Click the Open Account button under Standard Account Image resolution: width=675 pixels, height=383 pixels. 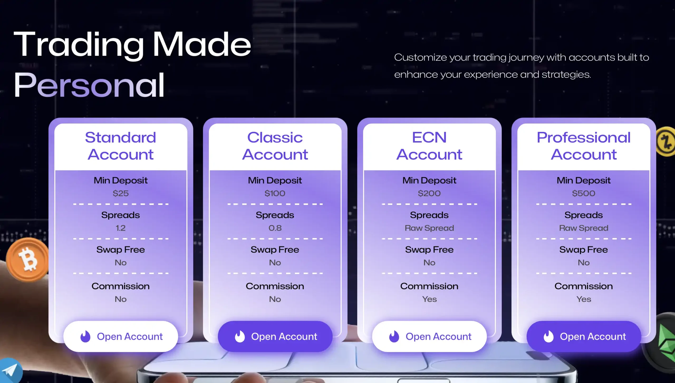120,336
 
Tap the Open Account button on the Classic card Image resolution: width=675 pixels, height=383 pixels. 275,336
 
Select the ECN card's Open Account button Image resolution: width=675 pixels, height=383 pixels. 429,336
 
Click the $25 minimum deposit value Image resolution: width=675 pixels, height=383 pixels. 120,193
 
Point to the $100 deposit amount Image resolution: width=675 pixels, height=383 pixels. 275,193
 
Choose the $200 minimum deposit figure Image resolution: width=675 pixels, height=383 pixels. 429,193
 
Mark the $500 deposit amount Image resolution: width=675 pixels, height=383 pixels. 584,193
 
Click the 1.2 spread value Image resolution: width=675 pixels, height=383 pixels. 120,228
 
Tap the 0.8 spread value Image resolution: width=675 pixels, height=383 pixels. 275,228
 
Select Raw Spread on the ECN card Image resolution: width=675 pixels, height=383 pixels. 429,228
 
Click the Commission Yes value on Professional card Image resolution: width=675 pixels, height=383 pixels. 584,299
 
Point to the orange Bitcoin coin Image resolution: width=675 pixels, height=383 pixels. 27,260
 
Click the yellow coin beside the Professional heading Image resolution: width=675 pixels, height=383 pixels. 666,142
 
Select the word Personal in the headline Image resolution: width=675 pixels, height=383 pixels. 89,85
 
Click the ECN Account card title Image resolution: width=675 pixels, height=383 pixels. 429,146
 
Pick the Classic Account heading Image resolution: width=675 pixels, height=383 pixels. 275,146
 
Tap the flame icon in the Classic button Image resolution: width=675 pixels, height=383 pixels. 240,336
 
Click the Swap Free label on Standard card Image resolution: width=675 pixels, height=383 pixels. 120,250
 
